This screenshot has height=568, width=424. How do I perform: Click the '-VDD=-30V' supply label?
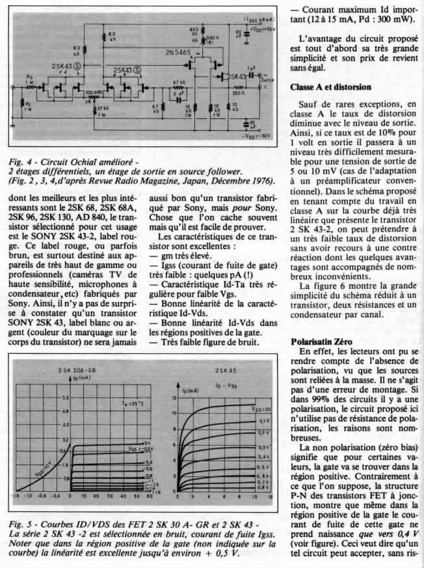click(x=257, y=138)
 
